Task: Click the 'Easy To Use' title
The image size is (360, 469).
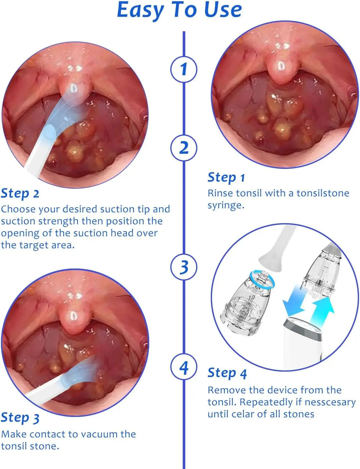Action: click(x=180, y=10)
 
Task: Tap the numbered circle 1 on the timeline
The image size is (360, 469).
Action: click(x=184, y=69)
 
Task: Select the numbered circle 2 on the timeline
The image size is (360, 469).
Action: click(x=184, y=148)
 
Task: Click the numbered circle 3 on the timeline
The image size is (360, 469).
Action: click(x=184, y=267)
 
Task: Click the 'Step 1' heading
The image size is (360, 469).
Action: click(x=226, y=178)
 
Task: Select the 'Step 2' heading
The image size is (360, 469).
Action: click(x=20, y=193)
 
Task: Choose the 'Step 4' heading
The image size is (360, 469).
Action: click(x=227, y=373)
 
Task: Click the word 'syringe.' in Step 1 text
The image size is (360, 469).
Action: click(x=226, y=205)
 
